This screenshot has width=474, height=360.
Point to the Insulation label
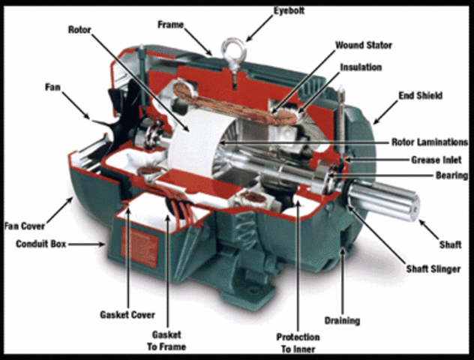361,67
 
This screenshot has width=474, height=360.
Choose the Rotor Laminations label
430,142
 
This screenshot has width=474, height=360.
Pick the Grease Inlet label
436,160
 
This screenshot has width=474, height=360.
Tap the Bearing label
451,175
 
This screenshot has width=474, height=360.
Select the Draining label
342,321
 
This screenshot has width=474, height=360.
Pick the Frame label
170,24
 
